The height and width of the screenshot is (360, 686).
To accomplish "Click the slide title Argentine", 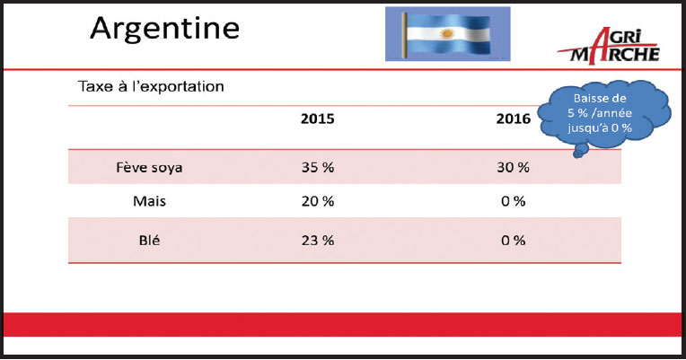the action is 164,29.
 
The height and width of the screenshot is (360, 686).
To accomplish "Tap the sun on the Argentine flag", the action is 446,34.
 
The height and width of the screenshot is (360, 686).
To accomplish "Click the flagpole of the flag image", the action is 405,34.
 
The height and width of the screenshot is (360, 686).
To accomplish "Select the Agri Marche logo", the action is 609,46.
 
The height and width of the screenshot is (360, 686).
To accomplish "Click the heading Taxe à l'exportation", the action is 151,86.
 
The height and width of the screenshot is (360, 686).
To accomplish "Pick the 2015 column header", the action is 317,119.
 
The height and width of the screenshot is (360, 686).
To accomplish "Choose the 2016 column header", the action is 514,119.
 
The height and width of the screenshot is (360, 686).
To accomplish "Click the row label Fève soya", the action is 149,168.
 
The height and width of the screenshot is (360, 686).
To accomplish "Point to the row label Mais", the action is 149,201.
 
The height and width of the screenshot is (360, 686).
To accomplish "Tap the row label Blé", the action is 149,240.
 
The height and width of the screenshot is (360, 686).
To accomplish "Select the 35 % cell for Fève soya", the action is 318,167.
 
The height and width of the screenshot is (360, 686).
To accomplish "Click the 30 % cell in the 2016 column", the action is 514,167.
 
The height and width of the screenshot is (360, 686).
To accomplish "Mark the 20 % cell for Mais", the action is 318,201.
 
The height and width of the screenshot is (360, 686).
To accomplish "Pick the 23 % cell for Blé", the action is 318,240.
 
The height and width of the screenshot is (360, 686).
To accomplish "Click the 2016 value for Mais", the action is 514,201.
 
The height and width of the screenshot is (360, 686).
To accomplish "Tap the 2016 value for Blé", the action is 514,240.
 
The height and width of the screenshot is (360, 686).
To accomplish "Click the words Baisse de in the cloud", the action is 600,99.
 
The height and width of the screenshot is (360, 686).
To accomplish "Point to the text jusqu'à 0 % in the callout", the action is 600,127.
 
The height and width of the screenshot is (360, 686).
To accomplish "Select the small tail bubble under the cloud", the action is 578,153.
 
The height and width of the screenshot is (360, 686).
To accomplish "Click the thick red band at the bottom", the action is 343,325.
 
